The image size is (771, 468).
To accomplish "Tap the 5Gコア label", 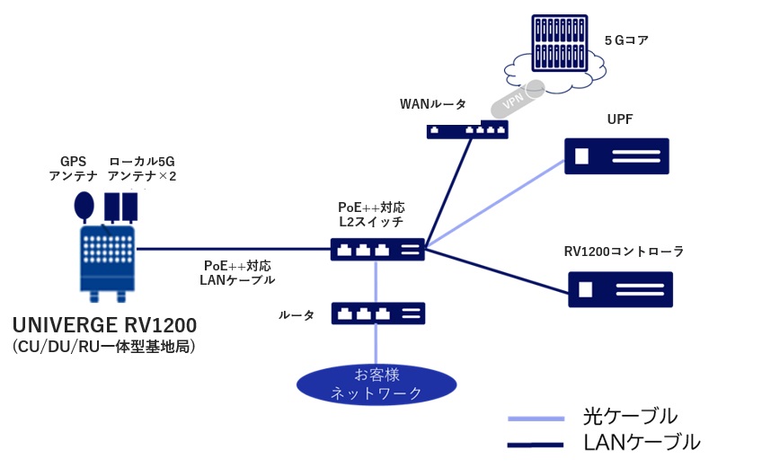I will [625, 40].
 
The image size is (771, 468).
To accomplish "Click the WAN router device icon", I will [466, 130].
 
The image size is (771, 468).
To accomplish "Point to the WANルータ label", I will [433, 104].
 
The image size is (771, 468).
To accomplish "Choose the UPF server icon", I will [616, 156].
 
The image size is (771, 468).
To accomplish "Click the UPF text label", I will [620, 119].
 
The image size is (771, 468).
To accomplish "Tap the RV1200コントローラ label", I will [624, 252].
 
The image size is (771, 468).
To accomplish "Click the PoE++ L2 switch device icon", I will [377, 249].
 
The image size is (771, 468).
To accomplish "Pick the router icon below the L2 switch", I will [377, 313].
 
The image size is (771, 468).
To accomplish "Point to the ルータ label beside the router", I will [297, 315].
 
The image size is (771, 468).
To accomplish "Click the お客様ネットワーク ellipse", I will [377, 384].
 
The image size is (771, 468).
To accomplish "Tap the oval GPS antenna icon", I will [84, 207].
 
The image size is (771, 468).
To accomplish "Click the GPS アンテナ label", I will [73, 169].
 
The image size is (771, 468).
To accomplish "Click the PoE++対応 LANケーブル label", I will [237, 273].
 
